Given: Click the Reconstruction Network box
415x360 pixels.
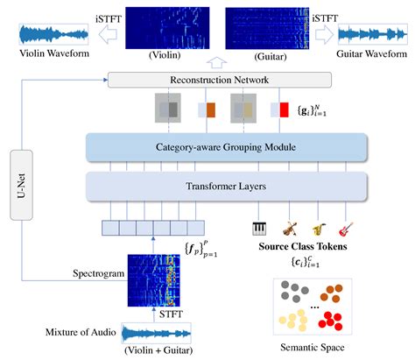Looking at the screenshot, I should (219, 80).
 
